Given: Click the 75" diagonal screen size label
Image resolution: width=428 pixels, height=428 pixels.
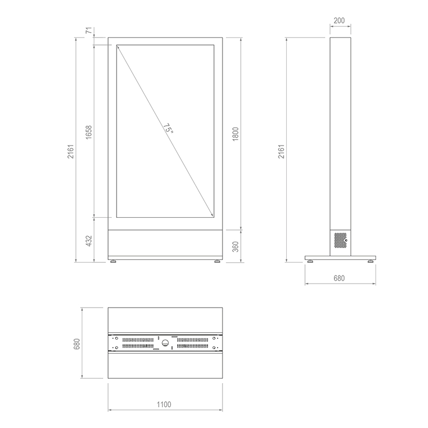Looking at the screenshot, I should pos(167,129).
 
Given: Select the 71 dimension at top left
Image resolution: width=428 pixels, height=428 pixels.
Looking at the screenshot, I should pos(89,30).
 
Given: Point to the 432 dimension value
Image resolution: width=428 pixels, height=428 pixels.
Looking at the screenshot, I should pos(89,240).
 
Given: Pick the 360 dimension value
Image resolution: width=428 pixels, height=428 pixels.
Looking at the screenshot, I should pos(235,246).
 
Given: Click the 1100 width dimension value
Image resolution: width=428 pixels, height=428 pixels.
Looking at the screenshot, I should pos(165,404).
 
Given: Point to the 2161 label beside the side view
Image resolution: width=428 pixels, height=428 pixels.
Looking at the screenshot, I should pos(280,152).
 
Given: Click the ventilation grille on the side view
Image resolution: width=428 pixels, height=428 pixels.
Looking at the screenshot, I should pos(339,240).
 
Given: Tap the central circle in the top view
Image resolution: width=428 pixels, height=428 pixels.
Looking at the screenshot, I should pos(165,342).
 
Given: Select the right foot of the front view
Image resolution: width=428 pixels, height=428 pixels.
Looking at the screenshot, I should pos(217,262).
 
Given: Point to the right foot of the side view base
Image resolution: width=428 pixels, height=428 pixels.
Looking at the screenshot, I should pos(370,262).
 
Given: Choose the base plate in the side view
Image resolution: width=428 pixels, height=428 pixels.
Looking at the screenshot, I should pos(340,257).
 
